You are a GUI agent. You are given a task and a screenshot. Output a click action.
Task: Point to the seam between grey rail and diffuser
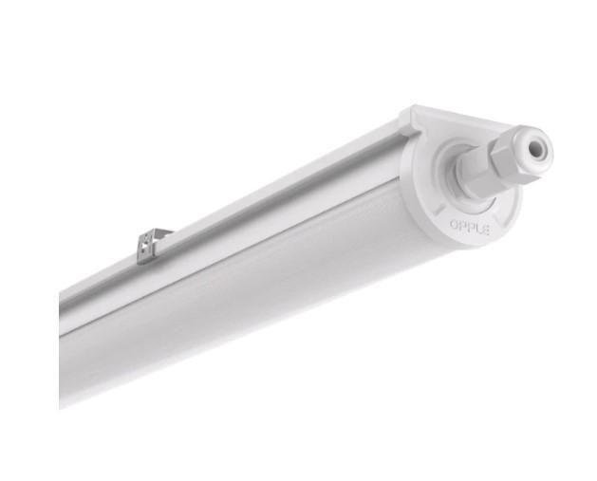(237, 249)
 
